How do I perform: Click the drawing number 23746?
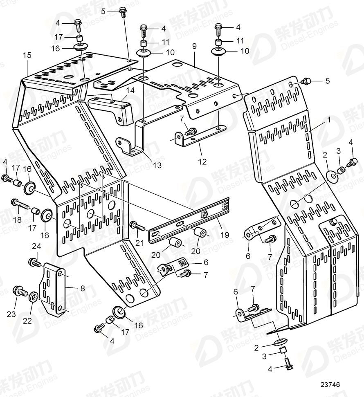(x=330, y=385)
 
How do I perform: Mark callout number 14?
(x=130, y=90)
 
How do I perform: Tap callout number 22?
(x=27, y=321)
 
